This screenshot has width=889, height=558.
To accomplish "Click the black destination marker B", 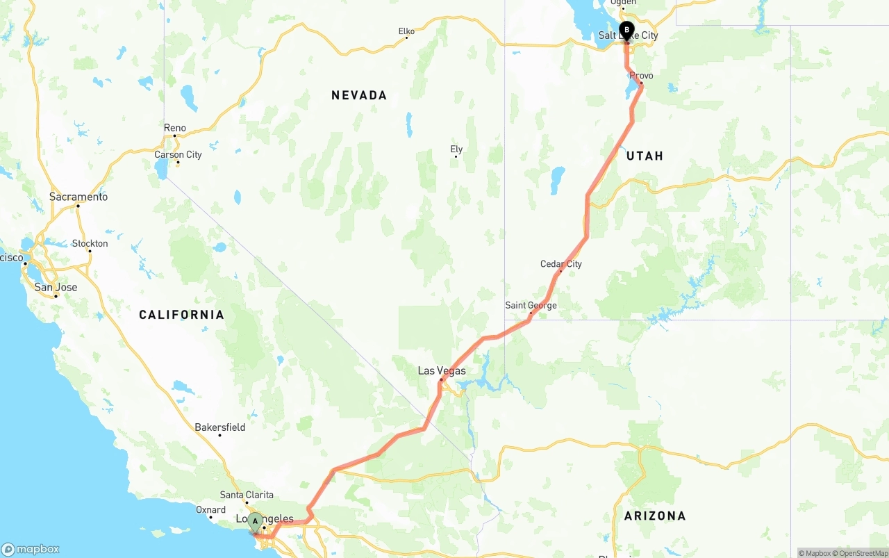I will coord(626,31).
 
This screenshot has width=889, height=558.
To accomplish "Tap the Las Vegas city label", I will coord(442,371).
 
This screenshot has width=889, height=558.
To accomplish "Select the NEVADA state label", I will coord(359,95).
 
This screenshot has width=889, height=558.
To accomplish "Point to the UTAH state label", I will coord(645,156).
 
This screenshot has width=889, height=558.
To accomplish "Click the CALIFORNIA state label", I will coord(181,315).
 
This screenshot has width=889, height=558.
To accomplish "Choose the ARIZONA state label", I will coord(655,516).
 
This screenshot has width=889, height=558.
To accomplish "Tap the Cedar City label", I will coord(561,264).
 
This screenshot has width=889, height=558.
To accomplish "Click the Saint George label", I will coord(531,305).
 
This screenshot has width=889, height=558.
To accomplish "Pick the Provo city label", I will coord(641,76).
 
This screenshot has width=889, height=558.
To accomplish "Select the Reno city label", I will coord(175,128).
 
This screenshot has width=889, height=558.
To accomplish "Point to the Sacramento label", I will coord(78,197).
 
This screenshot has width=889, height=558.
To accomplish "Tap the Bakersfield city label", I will coord(219,427).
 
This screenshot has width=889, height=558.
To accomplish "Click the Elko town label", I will coord(406,31).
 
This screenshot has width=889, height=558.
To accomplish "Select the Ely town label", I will coord(456,149).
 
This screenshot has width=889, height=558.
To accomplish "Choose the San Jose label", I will coord(56,287).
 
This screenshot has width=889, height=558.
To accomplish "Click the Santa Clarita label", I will coord(247,495).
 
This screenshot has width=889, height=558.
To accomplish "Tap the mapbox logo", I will coord(30,549).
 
